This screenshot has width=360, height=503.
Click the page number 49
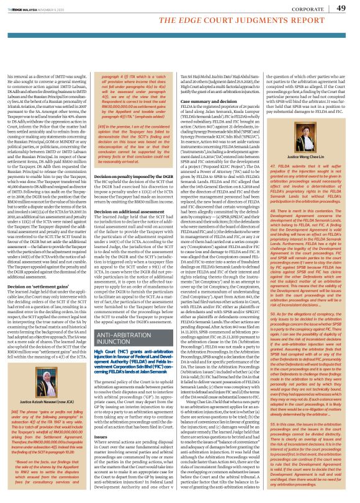point(341,9)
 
